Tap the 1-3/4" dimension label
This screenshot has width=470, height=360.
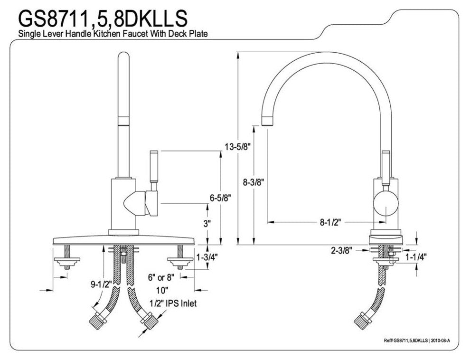(207, 257)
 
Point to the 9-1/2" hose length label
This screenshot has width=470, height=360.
(100, 285)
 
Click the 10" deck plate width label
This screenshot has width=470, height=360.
(160, 289)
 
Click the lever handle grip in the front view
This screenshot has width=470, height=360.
(153, 169)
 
